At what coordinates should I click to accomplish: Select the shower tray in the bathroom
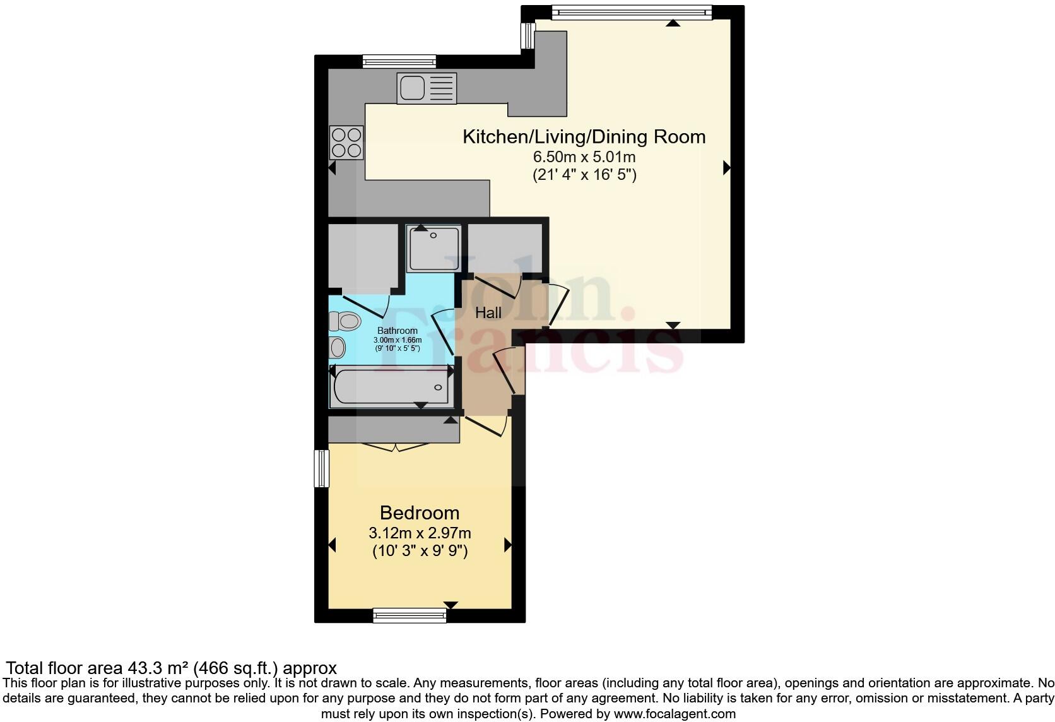coord(433,248)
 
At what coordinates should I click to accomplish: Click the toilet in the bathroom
coord(345,321)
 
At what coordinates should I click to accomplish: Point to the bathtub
coord(390,386)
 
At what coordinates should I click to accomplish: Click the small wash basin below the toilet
coord(338,348)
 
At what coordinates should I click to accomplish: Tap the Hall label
coord(488,312)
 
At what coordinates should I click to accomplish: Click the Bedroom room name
coord(419,512)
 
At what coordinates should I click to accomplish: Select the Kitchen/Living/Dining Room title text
coord(584,137)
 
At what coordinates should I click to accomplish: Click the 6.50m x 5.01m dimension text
coord(584,157)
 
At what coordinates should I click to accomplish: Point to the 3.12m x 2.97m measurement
coord(420,533)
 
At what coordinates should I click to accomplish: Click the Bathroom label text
coord(397,331)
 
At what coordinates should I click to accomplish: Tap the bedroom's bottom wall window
coord(410,615)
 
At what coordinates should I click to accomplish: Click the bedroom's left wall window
coord(322,468)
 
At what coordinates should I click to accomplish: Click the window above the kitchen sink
coord(399,61)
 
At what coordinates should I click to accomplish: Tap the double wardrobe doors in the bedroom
coord(395,447)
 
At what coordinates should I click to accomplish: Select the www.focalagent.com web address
coord(674,714)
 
